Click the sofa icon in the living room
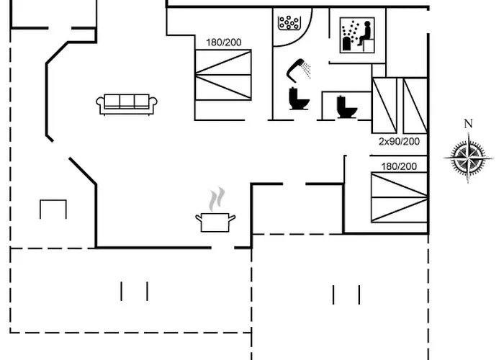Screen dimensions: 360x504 [127, 103]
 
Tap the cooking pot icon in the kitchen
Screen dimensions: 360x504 [215, 222]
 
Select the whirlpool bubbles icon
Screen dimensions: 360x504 [289, 22]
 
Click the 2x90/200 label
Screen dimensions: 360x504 [399, 142]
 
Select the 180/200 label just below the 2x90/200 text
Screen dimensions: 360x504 [399, 166]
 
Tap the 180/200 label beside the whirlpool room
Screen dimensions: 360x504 [222, 42]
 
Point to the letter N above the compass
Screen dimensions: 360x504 [468, 124]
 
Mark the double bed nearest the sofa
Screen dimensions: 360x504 [223, 75]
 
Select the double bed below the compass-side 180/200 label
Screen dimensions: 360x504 [399, 197]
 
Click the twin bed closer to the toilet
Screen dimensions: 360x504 [384, 105]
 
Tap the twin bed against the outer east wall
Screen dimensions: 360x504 [415, 105]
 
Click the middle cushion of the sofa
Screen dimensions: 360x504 [127, 102]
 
